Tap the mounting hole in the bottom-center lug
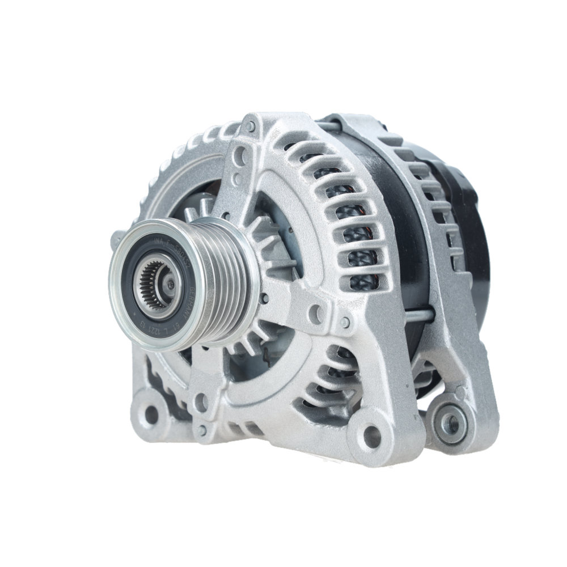pos(371,436)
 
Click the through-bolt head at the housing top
pos(250,126)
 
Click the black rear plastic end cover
pos(471,227)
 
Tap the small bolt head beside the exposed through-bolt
pos(345,323)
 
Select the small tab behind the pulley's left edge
pos(116,238)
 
